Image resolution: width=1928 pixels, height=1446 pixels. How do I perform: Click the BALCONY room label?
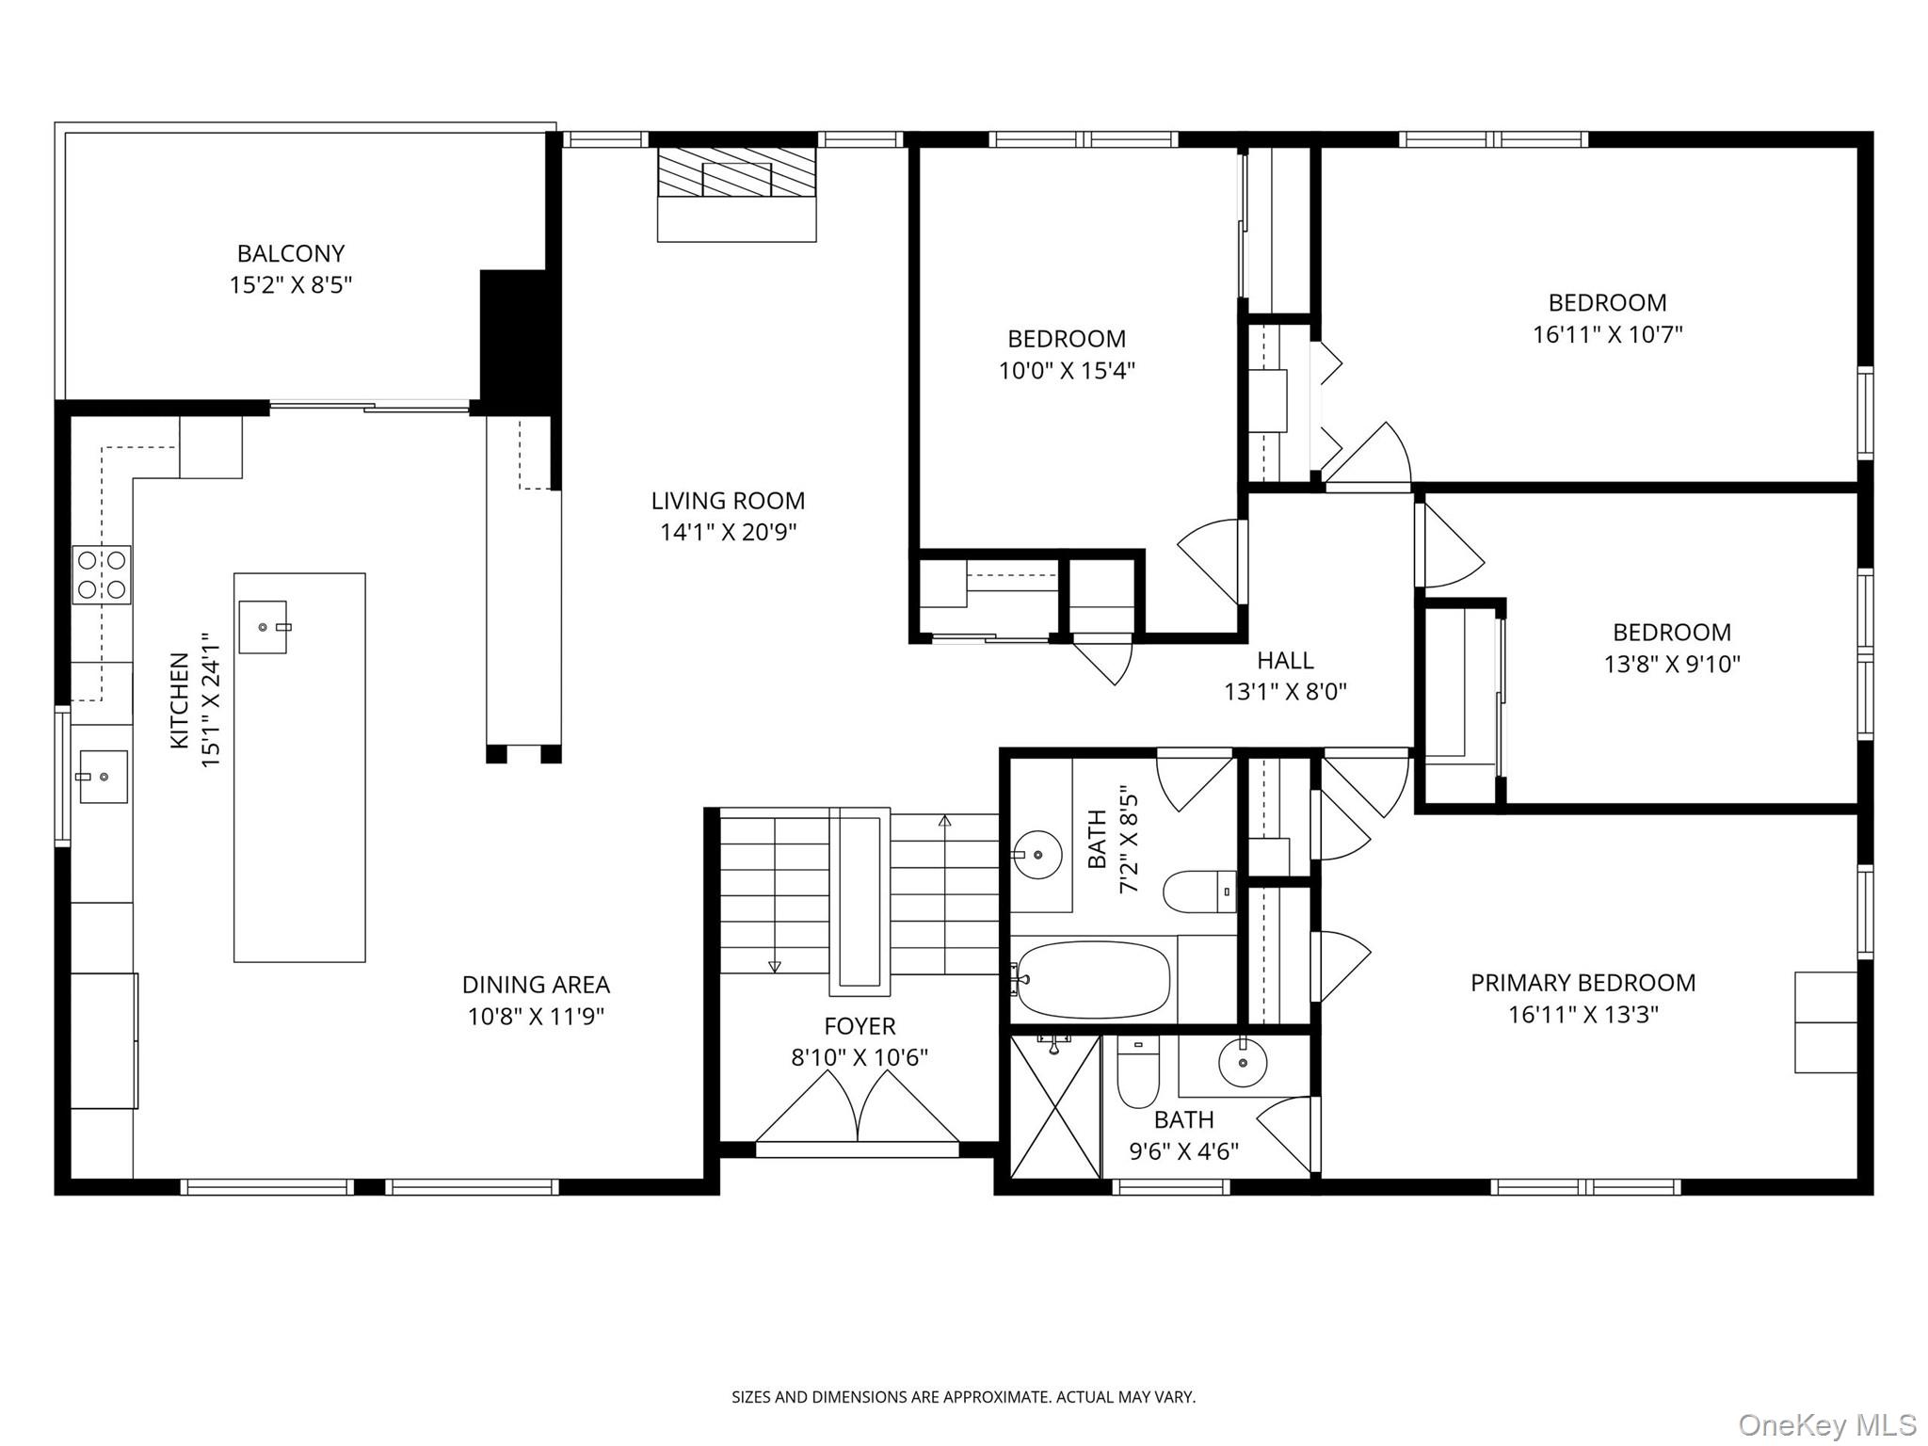coord(291,253)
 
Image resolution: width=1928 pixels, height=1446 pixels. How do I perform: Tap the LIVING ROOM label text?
coord(728,501)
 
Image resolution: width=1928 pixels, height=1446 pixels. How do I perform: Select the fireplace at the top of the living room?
coord(736,194)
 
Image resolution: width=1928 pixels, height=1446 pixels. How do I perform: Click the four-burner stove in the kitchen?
coord(102,574)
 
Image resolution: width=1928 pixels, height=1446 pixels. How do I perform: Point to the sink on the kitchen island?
coord(263,627)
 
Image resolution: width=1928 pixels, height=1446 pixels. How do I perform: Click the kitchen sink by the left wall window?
coord(103,776)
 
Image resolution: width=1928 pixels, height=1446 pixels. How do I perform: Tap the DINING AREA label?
coord(536,985)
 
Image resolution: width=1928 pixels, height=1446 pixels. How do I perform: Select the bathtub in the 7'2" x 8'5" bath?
coord(1094,980)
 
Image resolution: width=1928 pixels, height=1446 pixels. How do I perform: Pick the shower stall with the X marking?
coord(1055,1106)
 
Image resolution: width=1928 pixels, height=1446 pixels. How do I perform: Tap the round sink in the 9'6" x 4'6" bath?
coord(1243,1063)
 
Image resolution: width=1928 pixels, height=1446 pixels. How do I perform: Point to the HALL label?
coord(1285,660)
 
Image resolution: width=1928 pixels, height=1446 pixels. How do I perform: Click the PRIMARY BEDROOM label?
coord(1583,983)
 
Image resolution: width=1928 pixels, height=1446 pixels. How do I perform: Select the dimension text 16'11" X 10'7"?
coord(1607,334)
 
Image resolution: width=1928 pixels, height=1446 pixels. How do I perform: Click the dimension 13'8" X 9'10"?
coord(1672,664)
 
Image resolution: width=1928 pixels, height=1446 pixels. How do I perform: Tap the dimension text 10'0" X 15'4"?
coord(1067,370)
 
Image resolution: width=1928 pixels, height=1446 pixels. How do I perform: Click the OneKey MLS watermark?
coord(1826,1424)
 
